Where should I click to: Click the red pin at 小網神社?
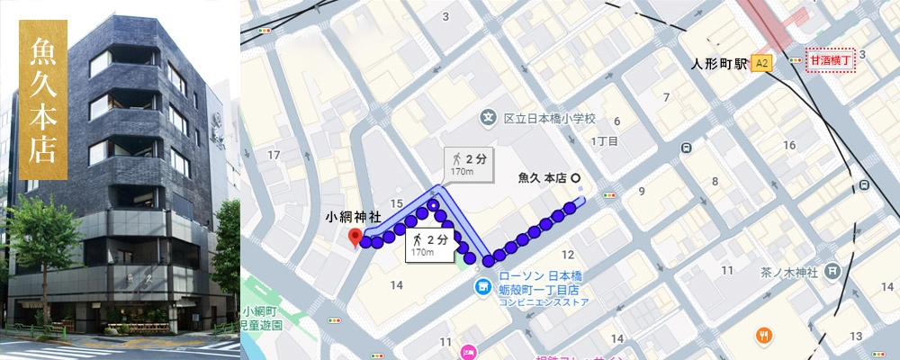(355, 237)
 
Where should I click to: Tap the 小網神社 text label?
(355, 217)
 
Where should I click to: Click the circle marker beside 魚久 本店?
(576, 177)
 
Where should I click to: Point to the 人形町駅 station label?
(717, 64)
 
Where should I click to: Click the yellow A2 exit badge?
(762, 63)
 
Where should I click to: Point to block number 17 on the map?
(274, 155)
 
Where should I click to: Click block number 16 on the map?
(789, 146)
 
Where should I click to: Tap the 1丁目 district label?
(603, 141)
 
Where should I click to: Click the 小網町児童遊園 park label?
(261, 317)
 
